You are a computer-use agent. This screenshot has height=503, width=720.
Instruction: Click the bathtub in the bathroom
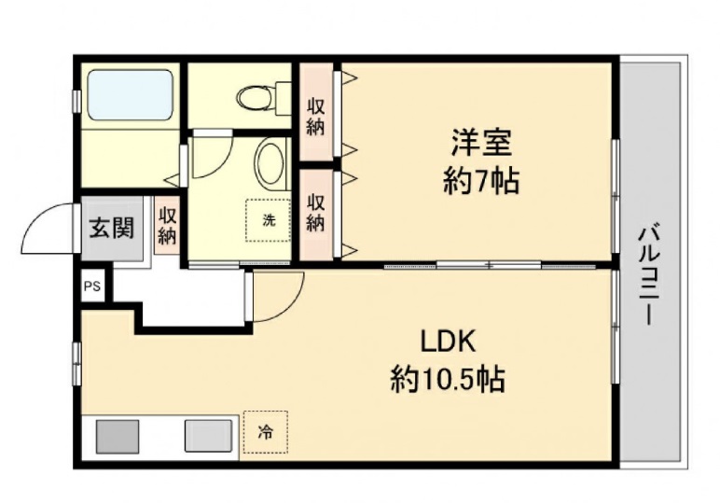click(130, 94)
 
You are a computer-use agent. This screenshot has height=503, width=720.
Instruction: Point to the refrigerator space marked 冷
click(266, 432)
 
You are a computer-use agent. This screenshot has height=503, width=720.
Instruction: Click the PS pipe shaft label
click(91, 286)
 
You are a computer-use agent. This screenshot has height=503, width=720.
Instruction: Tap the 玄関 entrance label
click(110, 228)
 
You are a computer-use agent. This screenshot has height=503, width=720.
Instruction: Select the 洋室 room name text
click(480, 145)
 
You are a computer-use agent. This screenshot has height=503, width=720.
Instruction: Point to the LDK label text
click(447, 342)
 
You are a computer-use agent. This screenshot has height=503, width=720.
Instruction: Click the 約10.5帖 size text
click(447, 378)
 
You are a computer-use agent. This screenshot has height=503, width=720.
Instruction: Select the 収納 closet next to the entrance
click(167, 226)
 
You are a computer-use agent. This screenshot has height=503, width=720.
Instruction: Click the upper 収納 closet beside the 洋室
click(316, 113)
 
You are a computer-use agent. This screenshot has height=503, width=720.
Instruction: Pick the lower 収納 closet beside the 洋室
click(316, 212)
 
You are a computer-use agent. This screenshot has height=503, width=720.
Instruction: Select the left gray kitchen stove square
click(117, 437)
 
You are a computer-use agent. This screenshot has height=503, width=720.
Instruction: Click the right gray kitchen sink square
click(206, 437)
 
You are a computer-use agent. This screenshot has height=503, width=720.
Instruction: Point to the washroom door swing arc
click(207, 154)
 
